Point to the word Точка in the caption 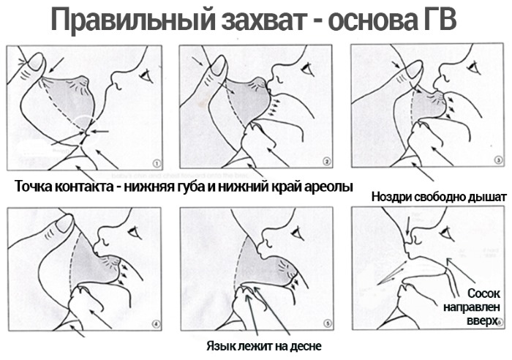coord(36,185)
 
